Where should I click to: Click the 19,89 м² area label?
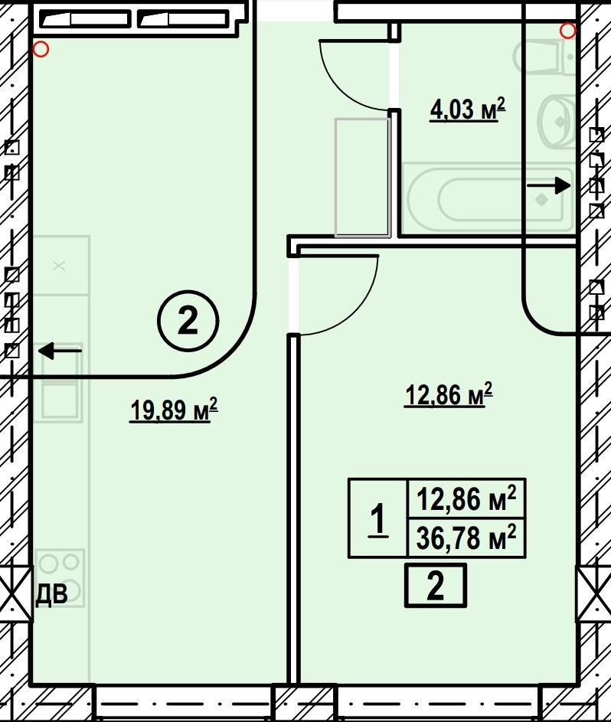coord(174,410)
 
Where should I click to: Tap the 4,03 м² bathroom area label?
coord(467,109)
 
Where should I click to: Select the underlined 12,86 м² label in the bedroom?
coord(449,394)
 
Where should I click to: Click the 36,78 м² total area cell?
coord(466,537)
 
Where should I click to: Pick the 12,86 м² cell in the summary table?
coord(466,498)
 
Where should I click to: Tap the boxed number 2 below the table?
coord(435,585)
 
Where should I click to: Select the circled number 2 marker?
coord(188,321)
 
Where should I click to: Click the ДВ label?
coord(51,594)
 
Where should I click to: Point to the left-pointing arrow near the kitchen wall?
coord(60,351)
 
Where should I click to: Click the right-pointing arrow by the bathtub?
coord(549,185)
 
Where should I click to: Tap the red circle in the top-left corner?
coord(41,49)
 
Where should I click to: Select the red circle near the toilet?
coord(567,31)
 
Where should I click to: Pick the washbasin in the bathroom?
coord(556,122)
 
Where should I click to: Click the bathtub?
coord(488,198)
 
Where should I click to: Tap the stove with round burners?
coord(60,577)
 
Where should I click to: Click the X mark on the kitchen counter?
coord(59,266)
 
